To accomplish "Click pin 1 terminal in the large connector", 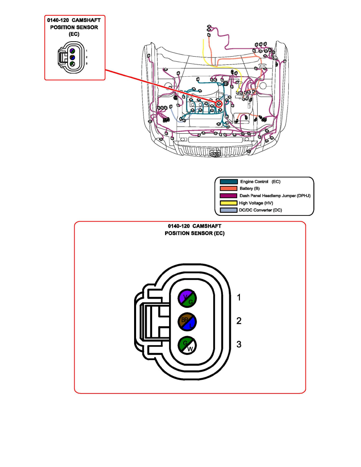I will pos(187,298).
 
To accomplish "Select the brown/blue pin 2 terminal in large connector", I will pos(187,321).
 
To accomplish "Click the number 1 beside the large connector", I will pos(238,298).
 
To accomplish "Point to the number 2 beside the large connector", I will pos(238,321).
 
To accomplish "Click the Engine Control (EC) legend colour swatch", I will pos(229,182).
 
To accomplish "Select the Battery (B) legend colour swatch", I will pos(229,189).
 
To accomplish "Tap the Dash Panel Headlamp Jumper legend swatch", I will pos(229,196).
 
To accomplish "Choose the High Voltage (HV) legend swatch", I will pos(229,203).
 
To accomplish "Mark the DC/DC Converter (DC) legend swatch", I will pos(229,210).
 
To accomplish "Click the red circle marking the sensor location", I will pos(219,103).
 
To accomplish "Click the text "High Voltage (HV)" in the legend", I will pos(256,203).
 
